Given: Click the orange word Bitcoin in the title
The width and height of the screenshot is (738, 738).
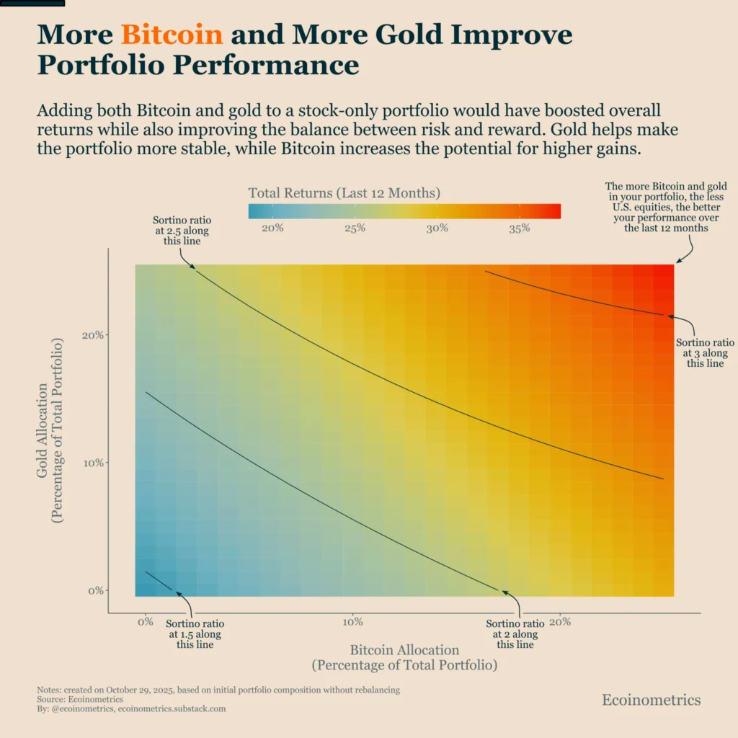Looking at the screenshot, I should pyautogui.click(x=172, y=35).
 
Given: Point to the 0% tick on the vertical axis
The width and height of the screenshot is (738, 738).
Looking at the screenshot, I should pyautogui.click(x=95, y=590).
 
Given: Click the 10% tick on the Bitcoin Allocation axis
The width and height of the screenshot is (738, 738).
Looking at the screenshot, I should pyautogui.click(x=352, y=622).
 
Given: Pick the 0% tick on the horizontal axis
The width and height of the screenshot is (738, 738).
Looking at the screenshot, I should pyautogui.click(x=146, y=622).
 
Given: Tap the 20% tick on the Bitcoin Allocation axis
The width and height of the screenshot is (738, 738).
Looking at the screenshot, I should pyautogui.click(x=560, y=622).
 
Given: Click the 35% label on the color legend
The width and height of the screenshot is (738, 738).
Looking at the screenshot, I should pyautogui.click(x=520, y=228).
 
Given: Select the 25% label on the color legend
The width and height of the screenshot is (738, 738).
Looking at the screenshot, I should pyautogui.click(x=355, y=228).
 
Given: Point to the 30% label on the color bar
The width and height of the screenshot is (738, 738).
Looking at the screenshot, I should pyautogui.click(x=437, y=228).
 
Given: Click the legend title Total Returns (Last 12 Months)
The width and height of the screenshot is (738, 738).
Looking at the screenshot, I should pyautogui.click(x=344, y=193).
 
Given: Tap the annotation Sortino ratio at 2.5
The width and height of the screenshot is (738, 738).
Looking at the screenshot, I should pyautogui.click(x=177, y=231).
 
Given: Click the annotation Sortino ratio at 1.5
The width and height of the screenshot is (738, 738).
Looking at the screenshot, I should pyautogui.click(x=195, y=633).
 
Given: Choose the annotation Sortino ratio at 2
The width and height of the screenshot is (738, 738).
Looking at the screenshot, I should pyautogui.click(x=515, y=633).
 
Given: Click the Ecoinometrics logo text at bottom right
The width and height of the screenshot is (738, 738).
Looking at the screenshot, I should pyautogui.click(x=651, y=700).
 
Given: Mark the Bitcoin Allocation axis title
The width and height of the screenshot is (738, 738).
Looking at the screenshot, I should pyautogui.click(x=404, y=657).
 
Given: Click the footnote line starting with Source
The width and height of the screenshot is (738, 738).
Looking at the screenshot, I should pyautogui.click(x=79, y=699).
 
